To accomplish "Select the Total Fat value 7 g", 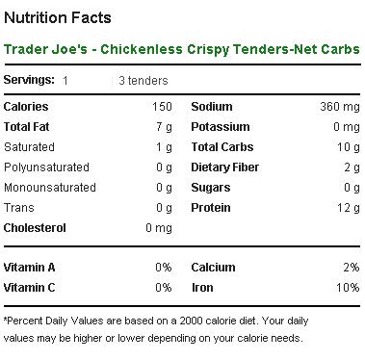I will coord(164,127).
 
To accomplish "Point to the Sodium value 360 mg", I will coord(336,107).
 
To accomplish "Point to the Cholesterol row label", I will coord(37,228).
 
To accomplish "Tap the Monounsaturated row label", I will coord(50,188).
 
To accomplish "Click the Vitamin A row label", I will coord(31,267).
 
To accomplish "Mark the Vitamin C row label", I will coord(31,287).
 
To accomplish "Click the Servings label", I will coord(30,80).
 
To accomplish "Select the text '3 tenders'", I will coord(143,80).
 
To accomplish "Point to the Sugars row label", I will coord(211,188).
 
